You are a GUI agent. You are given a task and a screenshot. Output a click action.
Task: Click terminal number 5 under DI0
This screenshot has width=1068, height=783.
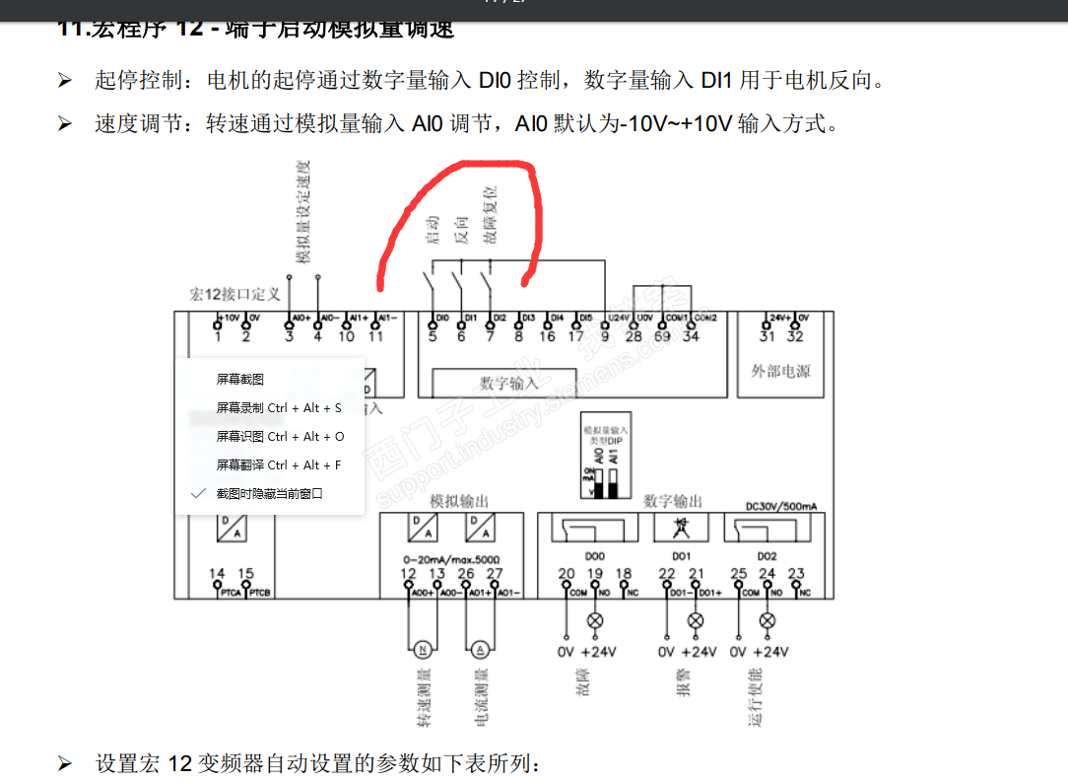point(433,336)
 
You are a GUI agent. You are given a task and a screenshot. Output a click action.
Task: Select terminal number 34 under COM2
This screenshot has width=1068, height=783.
point(691,336)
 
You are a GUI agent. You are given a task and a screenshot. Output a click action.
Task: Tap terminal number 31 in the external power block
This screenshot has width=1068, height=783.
point(767,336)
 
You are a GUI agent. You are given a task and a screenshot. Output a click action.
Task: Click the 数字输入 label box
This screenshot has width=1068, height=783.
point(509,383)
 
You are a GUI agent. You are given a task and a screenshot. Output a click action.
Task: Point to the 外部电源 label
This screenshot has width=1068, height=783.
point(779,372)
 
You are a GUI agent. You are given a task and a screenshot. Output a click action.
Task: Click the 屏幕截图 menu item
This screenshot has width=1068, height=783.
point(240,379)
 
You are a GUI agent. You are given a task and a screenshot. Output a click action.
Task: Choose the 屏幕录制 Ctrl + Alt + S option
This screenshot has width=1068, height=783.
point(279,407)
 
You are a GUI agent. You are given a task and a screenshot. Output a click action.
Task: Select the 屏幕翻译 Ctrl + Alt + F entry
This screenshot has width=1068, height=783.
point(279,464)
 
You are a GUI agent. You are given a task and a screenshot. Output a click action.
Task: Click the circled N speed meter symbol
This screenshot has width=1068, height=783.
point(422,649)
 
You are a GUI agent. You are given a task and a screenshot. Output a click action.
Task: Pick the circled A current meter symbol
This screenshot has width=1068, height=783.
point(481,649)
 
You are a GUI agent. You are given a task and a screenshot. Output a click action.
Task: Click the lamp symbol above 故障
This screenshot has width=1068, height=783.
point(595,620)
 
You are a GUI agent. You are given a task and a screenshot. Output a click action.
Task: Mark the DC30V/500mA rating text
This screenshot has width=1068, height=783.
point(781,506)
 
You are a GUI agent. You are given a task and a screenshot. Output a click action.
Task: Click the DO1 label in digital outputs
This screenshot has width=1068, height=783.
point(681,556)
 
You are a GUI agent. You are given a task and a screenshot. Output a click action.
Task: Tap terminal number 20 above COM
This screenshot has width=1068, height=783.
point(566,574)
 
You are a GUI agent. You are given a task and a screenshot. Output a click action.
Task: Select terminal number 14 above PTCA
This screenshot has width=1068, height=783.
point(217,574)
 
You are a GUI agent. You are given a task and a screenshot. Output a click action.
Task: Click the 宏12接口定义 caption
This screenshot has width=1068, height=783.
point(234,294)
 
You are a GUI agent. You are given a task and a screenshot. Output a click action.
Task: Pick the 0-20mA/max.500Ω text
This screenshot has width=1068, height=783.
point(451,556)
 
